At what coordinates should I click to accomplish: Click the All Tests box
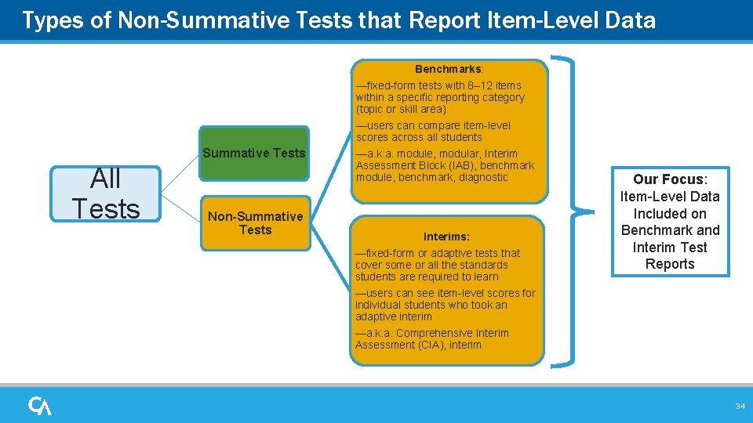105,193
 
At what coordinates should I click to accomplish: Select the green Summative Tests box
254,153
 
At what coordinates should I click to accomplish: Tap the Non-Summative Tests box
255,223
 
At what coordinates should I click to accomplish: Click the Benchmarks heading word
448,69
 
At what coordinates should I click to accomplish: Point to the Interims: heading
446,237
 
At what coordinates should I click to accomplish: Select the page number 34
740,406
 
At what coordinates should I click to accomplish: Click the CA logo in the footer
40,406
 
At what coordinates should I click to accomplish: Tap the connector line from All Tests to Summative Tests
180,168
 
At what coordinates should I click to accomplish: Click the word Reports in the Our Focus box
670,264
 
